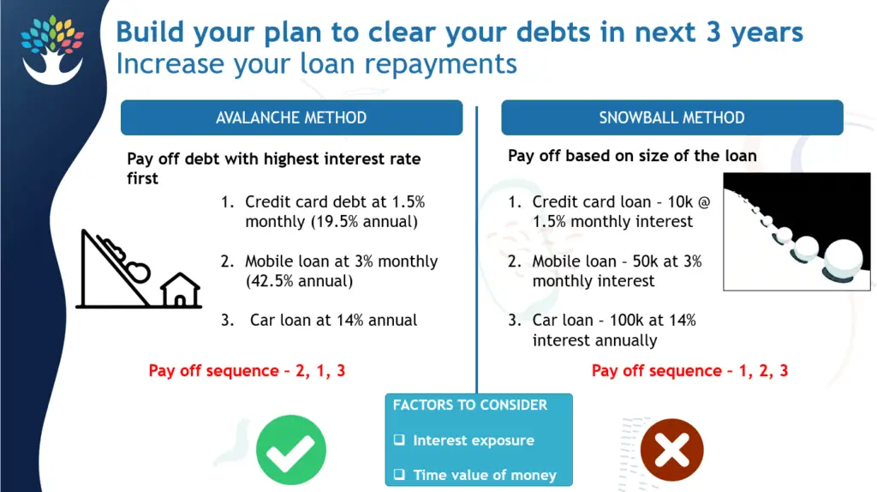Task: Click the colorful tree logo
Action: (52, 49)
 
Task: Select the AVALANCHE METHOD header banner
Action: (291, 117)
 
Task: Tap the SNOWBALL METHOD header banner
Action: (671, 117)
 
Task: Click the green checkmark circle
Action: (291, 449)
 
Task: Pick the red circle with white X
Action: (671, 449)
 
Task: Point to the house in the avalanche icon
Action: (180, 290)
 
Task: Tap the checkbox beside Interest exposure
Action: (399, 440)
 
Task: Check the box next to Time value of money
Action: (399, 475)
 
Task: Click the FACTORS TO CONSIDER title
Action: (470, 405)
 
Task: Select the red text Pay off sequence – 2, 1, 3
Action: (247, 370)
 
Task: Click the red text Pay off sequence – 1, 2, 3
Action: (689, 370)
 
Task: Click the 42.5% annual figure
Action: (299, 281)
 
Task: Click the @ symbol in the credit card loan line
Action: (704, 202)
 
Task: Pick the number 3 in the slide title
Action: (713, 32)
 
